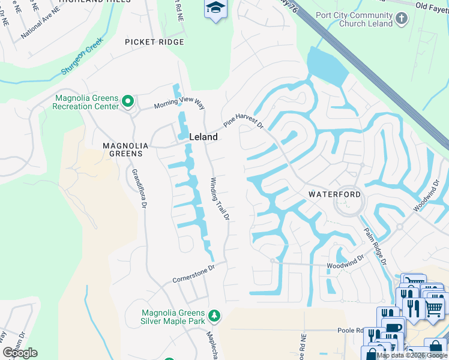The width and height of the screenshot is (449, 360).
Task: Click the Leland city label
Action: (203, 137)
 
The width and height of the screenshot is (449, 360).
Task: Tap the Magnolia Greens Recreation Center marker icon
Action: (127, 102)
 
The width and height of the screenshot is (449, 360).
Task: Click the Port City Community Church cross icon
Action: (402, 18)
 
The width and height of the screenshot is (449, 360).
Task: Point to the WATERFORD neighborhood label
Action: (335, 194)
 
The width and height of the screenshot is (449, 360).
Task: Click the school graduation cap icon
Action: (214, 8)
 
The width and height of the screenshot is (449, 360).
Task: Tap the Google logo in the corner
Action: (20, 353)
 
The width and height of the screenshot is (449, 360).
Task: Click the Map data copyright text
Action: (412, 355)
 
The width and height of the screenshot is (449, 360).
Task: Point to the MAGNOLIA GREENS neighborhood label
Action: (122, 149)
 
